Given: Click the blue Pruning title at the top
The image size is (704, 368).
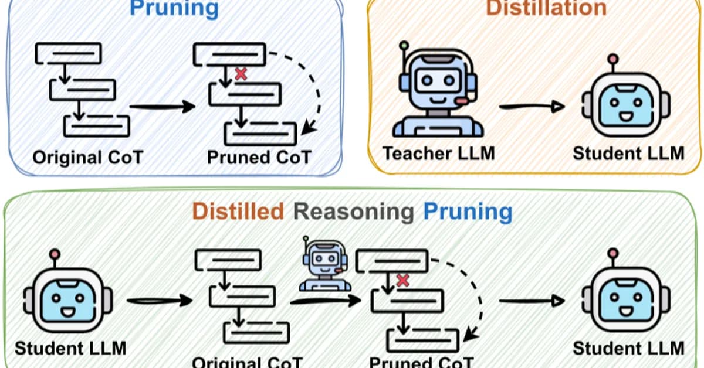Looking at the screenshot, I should [x=174, y=8].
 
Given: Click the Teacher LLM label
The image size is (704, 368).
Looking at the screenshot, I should [x=439, y=154].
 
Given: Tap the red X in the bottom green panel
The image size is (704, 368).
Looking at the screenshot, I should [x=402, y=280].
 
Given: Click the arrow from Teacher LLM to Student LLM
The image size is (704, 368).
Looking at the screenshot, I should [x=532, y=107].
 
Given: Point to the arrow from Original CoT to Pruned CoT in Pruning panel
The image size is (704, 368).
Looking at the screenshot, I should [x=161, y=107].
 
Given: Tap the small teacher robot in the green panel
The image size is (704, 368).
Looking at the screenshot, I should [x=324, y=264].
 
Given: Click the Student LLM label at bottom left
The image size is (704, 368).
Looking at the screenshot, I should [x=70, y=347].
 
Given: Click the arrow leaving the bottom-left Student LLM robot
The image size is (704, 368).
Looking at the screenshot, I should [x=158, y=301].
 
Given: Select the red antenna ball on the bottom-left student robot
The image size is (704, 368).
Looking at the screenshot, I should [x=55, y=254].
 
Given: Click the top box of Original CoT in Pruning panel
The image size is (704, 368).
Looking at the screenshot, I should [x=68, y=53].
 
